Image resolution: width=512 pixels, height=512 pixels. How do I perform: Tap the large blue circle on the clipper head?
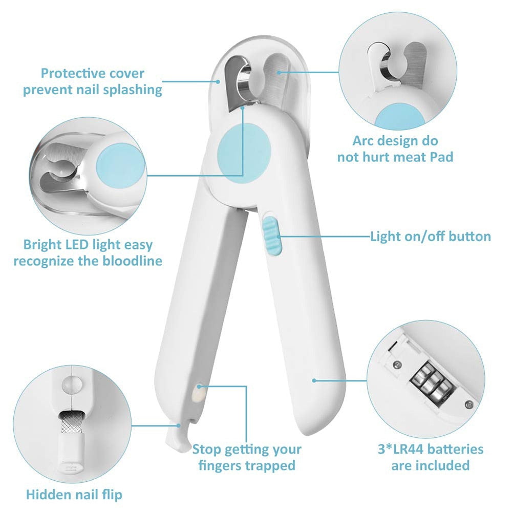244,153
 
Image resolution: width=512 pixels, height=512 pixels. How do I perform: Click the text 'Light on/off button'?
431,236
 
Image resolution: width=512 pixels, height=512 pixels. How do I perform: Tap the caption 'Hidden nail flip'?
74,495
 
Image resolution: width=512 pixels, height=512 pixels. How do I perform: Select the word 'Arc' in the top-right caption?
362,141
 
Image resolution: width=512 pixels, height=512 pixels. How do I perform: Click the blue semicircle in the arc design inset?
400,116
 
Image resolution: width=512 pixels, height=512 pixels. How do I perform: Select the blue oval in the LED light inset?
120,165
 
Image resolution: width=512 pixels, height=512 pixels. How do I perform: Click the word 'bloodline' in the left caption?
132,261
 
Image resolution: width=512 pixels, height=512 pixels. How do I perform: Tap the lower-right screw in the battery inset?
469,405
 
